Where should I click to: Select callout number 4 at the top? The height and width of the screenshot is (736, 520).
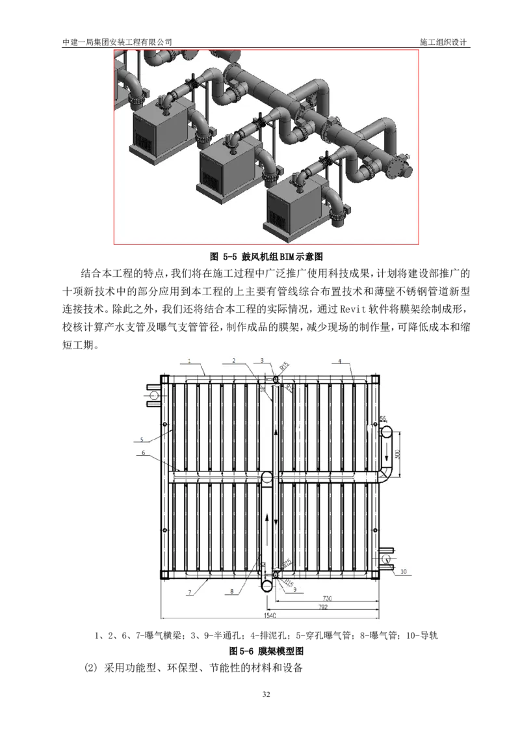click(339, 360)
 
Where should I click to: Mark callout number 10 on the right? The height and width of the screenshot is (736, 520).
click(404, 572)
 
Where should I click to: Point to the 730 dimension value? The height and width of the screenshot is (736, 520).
click(328, 597)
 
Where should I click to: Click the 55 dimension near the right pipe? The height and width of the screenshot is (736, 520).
click(383, 419)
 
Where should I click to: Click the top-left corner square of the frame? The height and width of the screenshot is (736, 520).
click(164, 379)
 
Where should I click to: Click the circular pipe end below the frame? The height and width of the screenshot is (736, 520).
click(267, 586)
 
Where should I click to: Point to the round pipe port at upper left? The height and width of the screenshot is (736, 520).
click(154, 395)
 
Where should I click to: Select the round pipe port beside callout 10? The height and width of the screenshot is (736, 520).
click(387, 559)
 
